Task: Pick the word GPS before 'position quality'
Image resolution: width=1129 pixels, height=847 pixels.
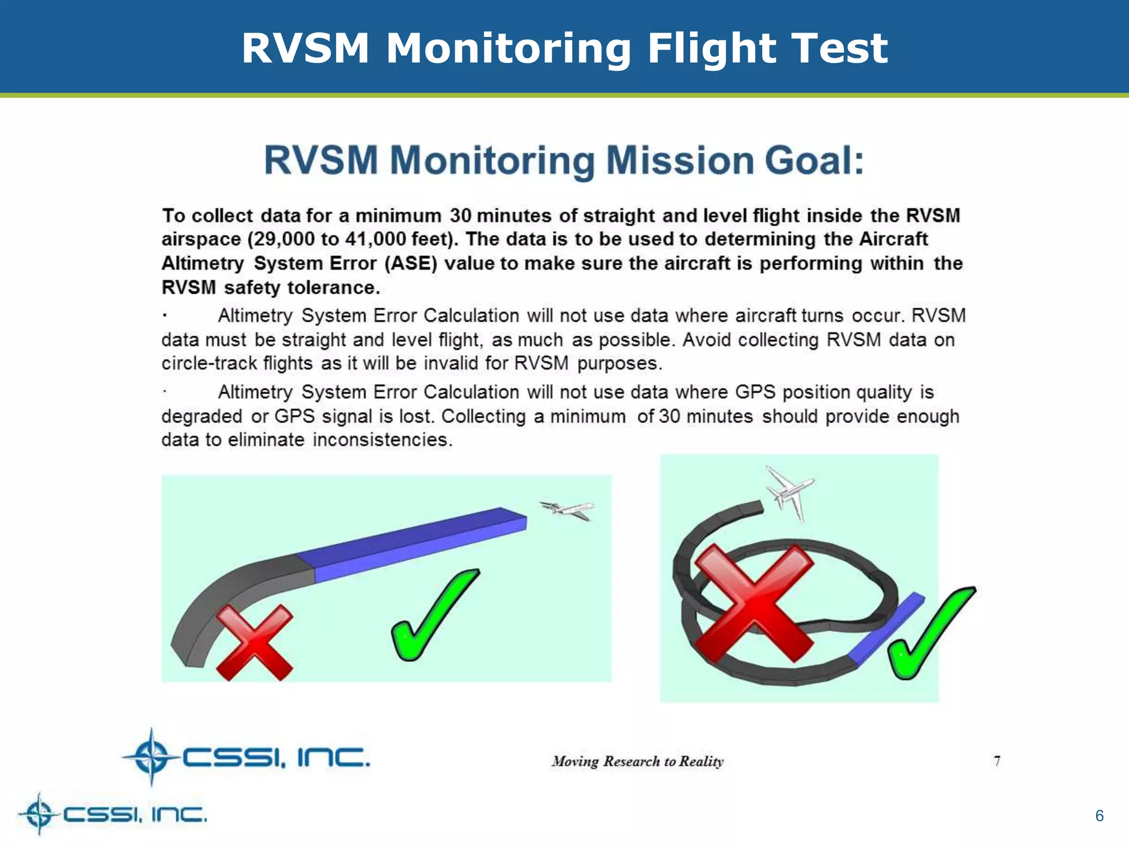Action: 755,392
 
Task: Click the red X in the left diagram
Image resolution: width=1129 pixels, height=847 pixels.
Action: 254,642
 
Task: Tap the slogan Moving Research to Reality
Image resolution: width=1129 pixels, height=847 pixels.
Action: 637,762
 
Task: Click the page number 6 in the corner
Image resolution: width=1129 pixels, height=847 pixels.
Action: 1099,816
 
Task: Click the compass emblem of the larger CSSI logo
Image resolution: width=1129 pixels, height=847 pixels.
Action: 152,757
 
